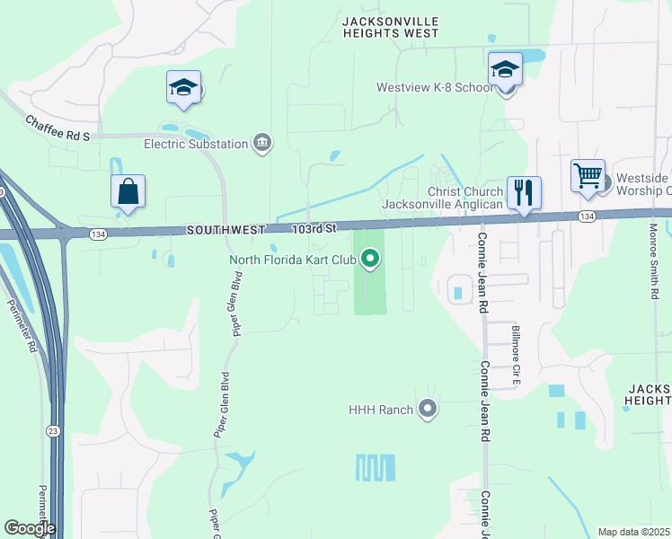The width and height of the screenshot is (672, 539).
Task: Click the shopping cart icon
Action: point(588,176)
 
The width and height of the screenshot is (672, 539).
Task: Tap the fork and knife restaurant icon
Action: point(524,192)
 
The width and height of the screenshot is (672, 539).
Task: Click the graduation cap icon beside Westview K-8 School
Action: point(505,69)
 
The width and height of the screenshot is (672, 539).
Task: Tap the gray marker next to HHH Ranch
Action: point(428,410)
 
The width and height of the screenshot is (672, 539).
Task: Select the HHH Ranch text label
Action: point(381,410)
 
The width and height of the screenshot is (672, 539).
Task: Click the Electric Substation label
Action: point(196,144)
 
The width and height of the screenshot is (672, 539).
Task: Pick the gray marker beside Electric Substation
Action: point(262,143)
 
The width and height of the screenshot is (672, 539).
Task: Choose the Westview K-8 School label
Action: point(434,88)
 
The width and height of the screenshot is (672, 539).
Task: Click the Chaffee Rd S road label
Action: point(58,128)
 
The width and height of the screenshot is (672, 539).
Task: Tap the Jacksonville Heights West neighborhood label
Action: point(390,27)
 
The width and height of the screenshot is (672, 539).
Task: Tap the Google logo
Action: point(30,528)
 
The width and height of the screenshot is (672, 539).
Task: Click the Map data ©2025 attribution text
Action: point(633,532)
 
